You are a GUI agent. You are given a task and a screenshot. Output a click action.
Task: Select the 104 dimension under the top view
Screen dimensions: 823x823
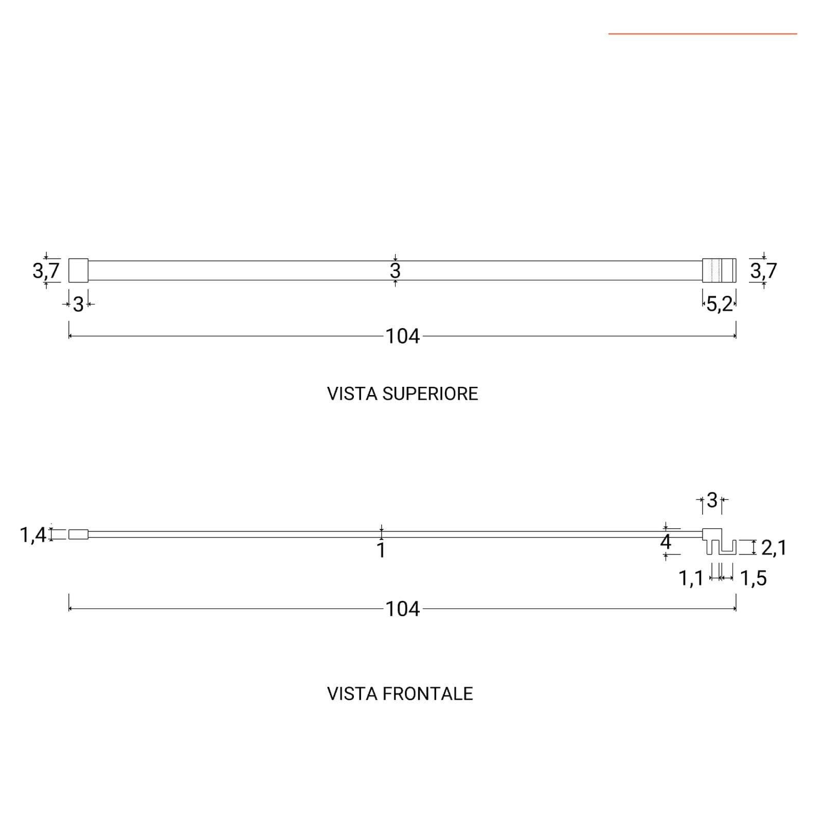coord(403,336)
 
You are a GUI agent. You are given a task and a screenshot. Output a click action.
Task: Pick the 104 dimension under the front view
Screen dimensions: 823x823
coord(403,609)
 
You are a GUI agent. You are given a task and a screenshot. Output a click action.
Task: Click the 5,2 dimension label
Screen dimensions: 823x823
coord(719,304)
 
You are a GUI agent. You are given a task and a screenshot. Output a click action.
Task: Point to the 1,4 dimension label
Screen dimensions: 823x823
coord(33,535)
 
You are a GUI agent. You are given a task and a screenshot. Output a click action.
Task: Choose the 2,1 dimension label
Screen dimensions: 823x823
coord(774,548)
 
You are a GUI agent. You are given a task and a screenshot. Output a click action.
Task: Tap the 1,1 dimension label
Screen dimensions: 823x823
coord(691,579)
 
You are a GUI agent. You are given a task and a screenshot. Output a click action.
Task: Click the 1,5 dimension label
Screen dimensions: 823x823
coord(754,579)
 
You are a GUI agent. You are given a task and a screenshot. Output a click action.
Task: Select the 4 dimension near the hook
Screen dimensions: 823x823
coord(666,542)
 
